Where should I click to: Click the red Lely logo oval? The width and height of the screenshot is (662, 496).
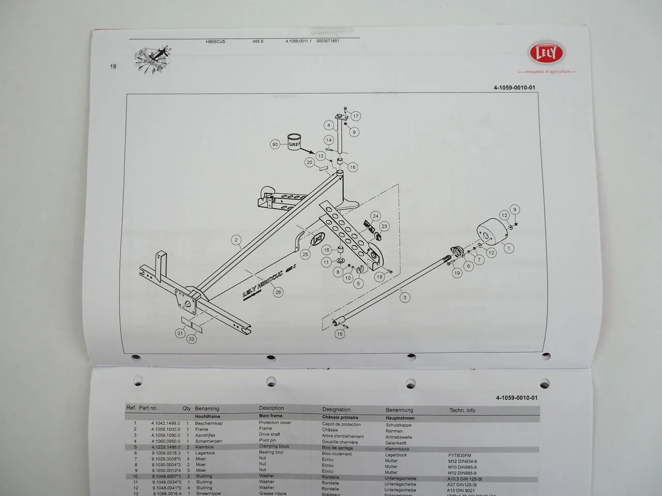546,53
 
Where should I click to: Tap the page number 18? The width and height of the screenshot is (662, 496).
113,66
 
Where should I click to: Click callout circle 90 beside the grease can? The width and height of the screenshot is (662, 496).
275,144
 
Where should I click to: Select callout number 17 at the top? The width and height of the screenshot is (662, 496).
355,116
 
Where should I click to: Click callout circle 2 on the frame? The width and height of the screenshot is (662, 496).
236,240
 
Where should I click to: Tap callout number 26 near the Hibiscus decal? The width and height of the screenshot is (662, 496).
278,292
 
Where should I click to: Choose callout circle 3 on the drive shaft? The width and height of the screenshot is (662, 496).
405,297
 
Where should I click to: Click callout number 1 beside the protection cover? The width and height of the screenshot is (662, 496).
508,249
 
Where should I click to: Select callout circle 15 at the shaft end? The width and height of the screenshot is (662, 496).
340,334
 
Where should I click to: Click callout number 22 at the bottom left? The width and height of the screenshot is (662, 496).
192,339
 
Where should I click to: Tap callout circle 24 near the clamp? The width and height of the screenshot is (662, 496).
375,216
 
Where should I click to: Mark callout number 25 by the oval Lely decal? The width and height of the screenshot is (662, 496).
305,254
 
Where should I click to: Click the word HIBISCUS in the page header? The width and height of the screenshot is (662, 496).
215,41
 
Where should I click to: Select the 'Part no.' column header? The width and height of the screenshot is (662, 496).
148,408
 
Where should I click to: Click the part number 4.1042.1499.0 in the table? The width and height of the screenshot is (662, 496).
165,423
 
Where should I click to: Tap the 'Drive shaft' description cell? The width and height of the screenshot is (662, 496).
269,435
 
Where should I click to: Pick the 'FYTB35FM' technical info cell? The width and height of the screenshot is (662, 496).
459,455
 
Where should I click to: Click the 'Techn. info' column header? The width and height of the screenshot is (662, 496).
462,410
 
